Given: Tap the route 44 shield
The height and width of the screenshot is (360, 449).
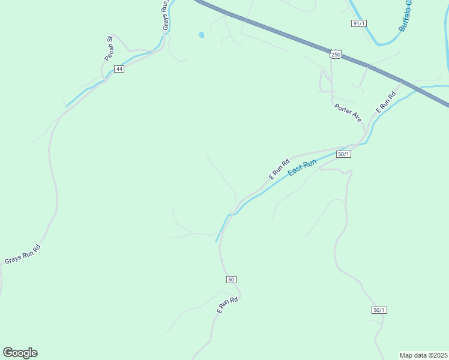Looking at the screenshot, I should click(119, 69).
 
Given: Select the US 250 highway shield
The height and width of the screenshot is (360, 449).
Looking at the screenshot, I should click(336, 55).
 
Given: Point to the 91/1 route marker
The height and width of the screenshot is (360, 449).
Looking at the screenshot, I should click(359, 23).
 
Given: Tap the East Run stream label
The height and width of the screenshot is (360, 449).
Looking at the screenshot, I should click(302, 167).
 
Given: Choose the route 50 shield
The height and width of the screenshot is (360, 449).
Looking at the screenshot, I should click(232, 280).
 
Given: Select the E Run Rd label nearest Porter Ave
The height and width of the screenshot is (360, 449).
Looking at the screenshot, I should click(386, 103).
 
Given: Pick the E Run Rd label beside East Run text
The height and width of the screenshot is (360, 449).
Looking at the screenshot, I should click(279, 169).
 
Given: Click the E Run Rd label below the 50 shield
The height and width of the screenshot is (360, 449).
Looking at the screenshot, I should click(228, 305).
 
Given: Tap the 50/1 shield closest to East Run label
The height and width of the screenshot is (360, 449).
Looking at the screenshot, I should click(344, 154).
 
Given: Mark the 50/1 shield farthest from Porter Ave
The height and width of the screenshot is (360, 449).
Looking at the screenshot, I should click(379, 310).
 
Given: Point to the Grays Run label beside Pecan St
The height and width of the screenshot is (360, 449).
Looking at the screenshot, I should click(165, 16).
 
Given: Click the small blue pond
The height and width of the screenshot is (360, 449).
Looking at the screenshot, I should click(201, 35).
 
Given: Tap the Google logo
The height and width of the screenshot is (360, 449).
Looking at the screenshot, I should click(20, 353).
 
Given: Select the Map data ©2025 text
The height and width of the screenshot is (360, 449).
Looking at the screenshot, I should click(424, 355).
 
